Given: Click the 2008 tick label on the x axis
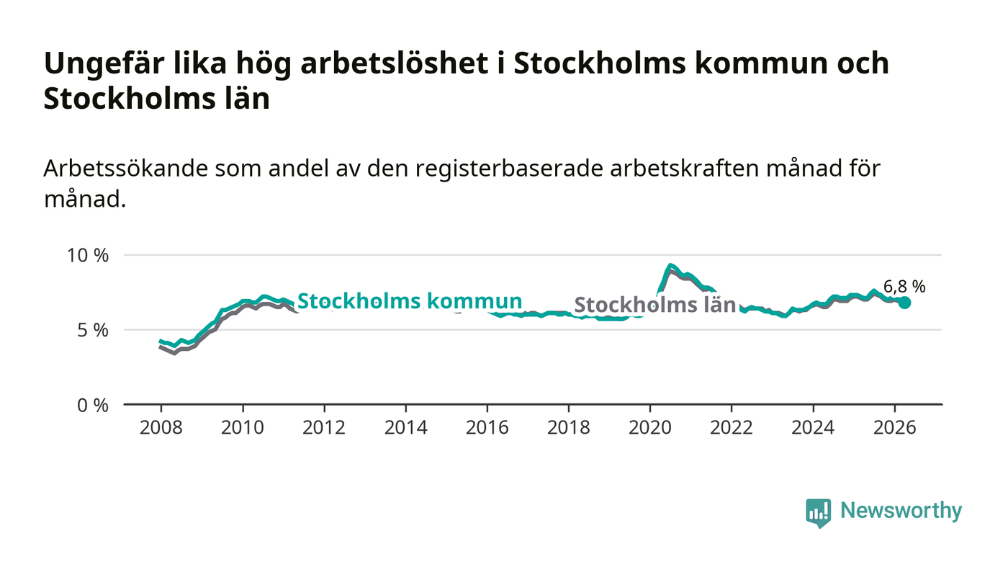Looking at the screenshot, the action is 161,427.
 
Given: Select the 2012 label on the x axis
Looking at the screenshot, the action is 324,427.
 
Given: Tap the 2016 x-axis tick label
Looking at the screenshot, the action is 487,427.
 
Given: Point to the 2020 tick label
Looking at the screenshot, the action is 649,427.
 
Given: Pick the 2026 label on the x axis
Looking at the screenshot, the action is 894,427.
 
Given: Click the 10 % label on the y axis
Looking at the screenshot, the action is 88,255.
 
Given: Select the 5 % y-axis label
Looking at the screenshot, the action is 93,331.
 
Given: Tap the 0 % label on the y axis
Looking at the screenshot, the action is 93,406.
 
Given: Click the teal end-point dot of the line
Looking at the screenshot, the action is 904,303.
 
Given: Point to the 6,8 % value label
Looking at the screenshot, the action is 904,287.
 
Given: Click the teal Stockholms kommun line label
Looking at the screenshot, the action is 410,301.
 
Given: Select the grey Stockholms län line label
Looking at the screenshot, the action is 654,305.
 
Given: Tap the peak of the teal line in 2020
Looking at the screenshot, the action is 670,265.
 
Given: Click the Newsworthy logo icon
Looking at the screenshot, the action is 818,512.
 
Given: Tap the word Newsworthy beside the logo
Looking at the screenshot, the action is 901,511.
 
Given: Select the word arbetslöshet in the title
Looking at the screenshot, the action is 395,63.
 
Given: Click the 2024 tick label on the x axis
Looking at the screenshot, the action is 813,427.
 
